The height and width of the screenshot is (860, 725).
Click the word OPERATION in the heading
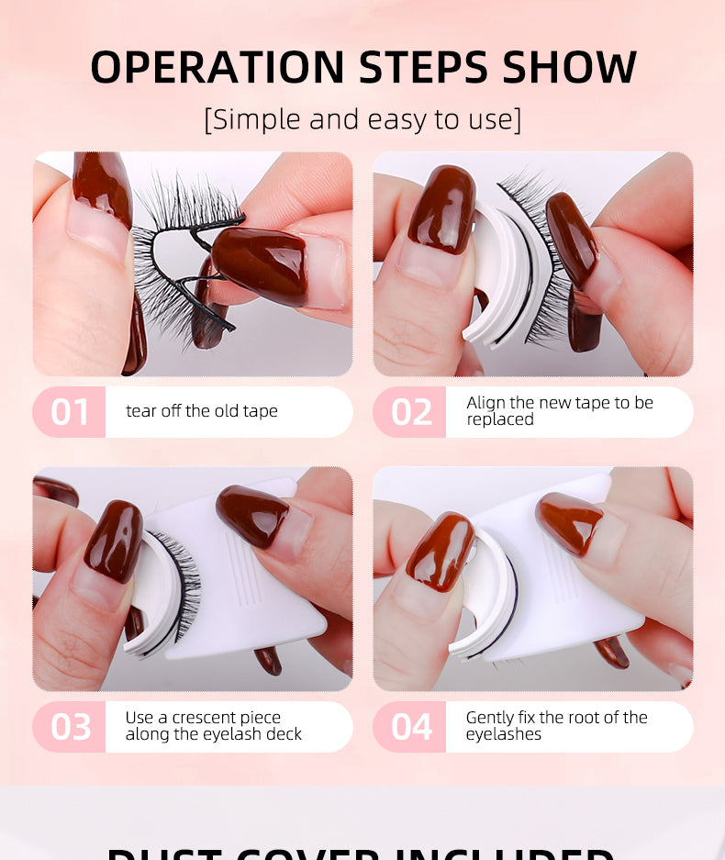tap(217, 67)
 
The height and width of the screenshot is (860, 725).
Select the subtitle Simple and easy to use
tap(362, 119)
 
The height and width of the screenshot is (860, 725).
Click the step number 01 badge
tap(70, 412)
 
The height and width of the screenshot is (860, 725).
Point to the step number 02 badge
tap(410, 412)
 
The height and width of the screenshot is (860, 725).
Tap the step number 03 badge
tap(70, 727)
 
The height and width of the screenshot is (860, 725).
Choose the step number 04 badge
tap(410, 727)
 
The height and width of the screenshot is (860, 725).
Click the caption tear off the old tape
tap(202, 411)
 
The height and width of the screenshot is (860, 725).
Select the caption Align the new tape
tap(559, 411)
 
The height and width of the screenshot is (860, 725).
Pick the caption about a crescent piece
tap(213, 726)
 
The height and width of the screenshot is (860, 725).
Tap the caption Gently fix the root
tap(556, 726)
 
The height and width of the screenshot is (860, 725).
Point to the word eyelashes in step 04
tap(503, 734)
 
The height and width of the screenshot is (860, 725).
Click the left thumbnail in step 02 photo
tap(441, 211)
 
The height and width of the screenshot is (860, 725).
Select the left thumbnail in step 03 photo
tap(114, 542)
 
